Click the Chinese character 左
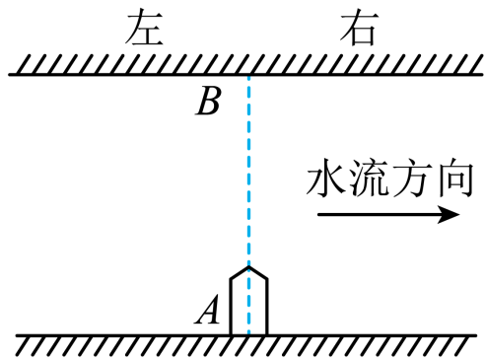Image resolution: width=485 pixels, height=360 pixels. [145, 28]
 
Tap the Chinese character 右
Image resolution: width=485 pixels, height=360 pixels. [359, 28]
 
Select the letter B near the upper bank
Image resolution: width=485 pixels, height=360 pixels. [208, 101]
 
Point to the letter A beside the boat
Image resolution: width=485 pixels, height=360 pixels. [207, 309]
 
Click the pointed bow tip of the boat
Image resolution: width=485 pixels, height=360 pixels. [248, 266]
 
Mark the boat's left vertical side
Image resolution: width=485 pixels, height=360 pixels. [231, 307]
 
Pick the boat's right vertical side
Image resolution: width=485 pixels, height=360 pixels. [266, 307]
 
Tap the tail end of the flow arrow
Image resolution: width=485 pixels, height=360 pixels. [318, 215]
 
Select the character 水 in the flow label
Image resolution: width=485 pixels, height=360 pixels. [326, 179]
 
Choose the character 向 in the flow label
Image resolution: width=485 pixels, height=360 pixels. [455, 179]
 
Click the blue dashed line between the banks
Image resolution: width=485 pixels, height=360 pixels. [248, 171]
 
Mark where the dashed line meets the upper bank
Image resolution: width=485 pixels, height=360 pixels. [248, 75]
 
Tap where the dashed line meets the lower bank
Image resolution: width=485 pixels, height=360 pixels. [248, 335]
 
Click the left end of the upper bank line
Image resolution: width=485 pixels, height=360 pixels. [9, 75]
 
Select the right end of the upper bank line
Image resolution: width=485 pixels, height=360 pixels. [482, 75]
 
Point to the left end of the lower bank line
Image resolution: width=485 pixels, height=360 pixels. [17, 335]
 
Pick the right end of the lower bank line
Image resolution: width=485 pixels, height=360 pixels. [476, 335]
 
